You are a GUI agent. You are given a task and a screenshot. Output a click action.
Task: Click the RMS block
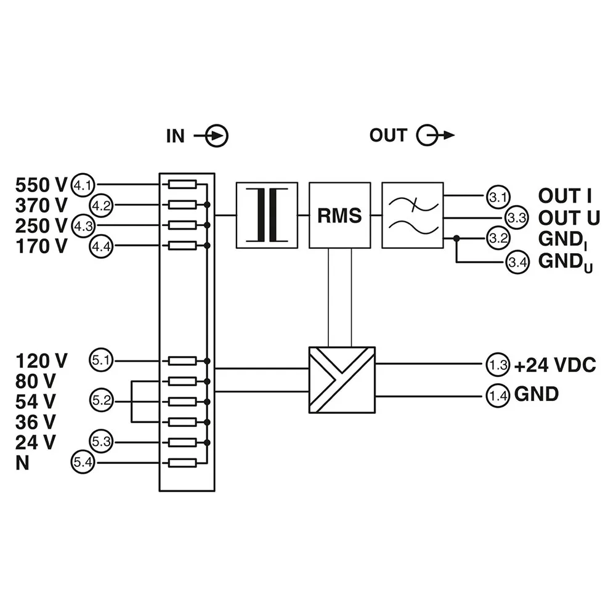click(x=339, y=215)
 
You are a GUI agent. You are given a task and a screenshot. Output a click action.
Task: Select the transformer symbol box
click(x=267, y=215)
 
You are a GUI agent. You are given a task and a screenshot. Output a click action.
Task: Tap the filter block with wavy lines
click(x=412, y=215)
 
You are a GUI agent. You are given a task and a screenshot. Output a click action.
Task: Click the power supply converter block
click(x=341, y=379)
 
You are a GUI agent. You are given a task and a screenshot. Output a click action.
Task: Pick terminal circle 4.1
click(x=83, y=184)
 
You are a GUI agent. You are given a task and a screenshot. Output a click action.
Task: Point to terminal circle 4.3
click(x=83, y=225)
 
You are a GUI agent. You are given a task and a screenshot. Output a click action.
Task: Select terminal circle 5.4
click(x=83, y=463)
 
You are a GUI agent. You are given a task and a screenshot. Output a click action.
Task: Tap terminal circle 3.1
click(x=496, y=197)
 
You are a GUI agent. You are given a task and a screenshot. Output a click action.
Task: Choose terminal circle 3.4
click(x=516, y=263)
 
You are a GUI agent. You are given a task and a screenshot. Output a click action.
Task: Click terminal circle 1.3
click(x=498, y=365)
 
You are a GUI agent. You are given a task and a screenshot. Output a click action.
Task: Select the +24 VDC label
click(x=555, y=365)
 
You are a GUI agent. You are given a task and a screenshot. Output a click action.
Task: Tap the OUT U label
click(x=569, y=218)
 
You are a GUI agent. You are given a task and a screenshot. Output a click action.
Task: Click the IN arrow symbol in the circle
click(x=217, y=136)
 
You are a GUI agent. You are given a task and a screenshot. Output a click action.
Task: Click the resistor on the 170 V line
click(x=183, y=246)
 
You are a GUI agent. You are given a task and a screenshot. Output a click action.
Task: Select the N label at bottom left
click(x=23, y=463)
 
